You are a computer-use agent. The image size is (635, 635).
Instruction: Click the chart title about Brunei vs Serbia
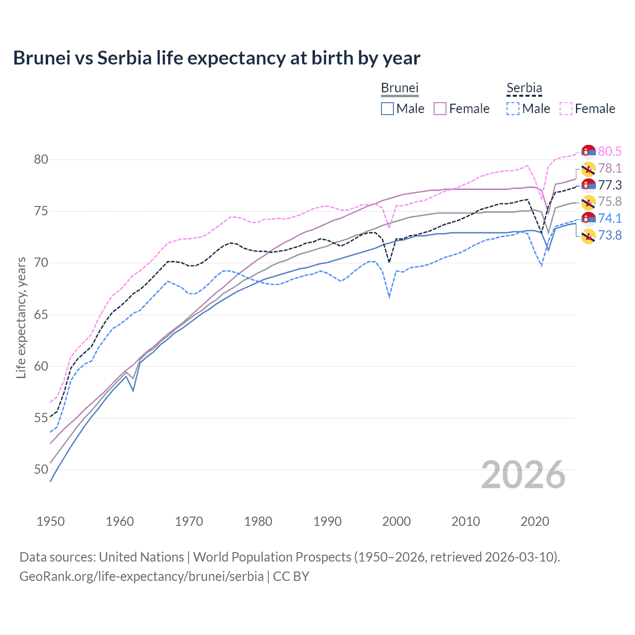(x=216, y=58)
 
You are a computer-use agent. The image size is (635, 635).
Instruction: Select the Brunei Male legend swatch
(x=387, y=109)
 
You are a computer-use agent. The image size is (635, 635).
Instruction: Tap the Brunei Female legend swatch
(x=440, y=109)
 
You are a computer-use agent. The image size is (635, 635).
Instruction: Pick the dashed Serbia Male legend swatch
(x=513, y=109)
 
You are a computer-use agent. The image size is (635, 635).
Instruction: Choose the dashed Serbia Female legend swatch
(x=566, y=109)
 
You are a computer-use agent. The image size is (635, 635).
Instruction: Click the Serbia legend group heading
(x=524, y=88)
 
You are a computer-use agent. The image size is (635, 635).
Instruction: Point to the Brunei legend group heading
(x=399, y=88)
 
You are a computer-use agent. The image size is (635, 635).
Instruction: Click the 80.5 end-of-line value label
(x=610, y=151)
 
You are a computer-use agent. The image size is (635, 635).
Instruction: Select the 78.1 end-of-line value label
(x=610, y=168)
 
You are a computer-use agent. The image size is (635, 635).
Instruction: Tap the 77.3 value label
(x=610, y=185)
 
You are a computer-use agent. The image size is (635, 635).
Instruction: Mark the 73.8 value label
(x=610, y=235)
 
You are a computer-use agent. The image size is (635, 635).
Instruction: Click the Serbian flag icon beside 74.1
(x=588, y=218)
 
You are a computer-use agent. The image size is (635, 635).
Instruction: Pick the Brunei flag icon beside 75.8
(x=588, y=202)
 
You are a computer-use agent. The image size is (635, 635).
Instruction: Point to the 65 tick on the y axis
(x=41, y=315)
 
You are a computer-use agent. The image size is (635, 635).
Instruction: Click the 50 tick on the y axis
(x=41, y=469)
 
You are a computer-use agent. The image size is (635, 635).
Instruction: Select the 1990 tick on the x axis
(x=327, y=521)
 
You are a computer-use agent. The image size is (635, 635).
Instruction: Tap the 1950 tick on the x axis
(x=51, y=521)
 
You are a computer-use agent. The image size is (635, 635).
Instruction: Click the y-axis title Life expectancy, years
(x=21, y=317)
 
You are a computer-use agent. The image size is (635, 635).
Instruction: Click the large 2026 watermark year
(x=523, y=475)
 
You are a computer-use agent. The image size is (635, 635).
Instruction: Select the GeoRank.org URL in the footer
(x=141, y=576)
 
